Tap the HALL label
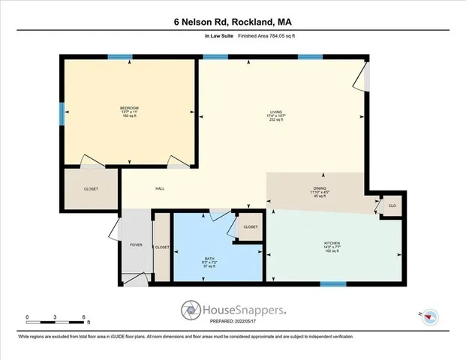pyautogui.click(x=160, y=188)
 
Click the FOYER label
pyautogui.click(x=136, y=245)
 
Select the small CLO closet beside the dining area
pyautogui.click(x=391, y=205)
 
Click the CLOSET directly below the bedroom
pyautogui.click(x=90, y=188)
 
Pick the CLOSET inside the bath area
pyautogui.click(x=251, y=226)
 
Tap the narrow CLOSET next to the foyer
pyautogui.click(x=162, y=247)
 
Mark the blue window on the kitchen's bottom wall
pyautogui.click(x=332, y=284)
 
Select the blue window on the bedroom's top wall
pyautogui.click(x=119, y=57)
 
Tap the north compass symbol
pyautogui.click(x=428, y=316)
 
